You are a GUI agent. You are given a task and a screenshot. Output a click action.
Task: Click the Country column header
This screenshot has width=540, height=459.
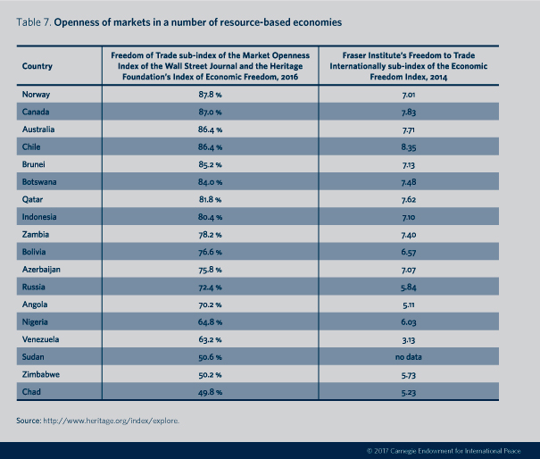pos(37,66)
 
